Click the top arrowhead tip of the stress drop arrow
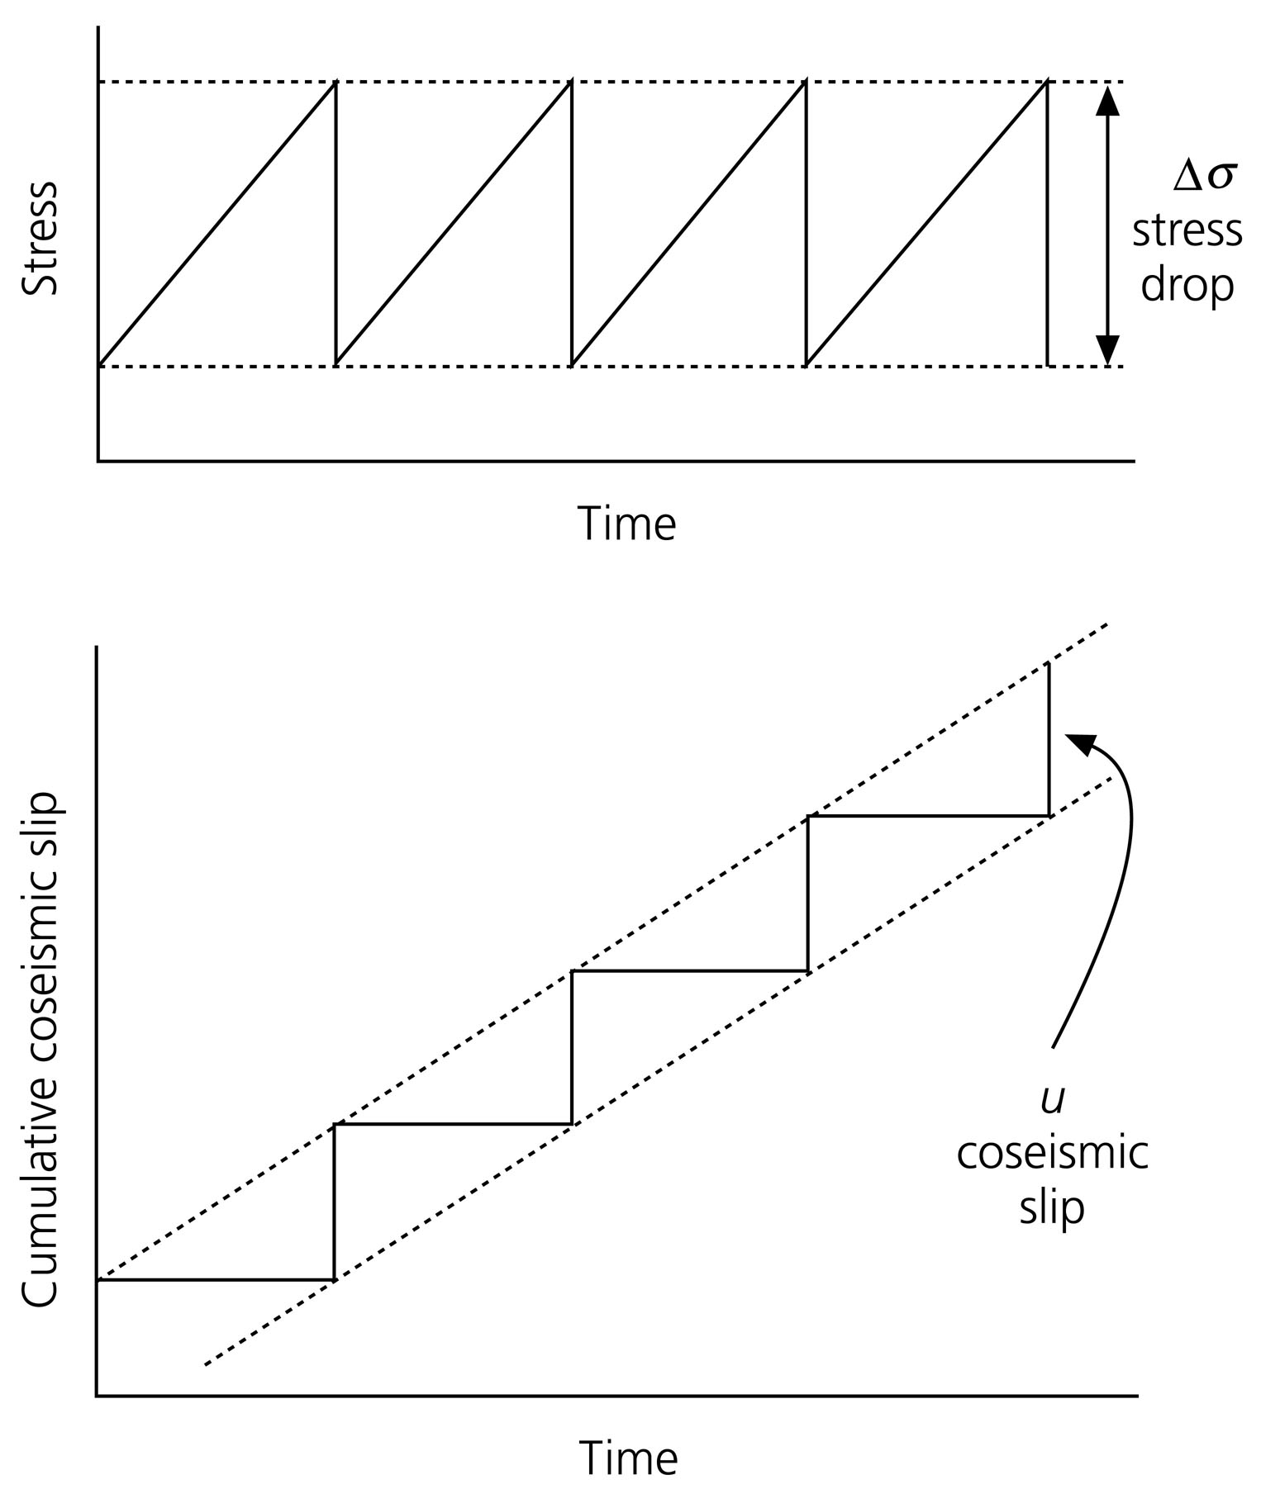pos(1107,84)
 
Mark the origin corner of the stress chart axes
pos(98,461)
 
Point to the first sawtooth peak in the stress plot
pos(335,82)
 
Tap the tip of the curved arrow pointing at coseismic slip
pos(1065,734)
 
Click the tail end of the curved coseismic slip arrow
pos(1054,1047)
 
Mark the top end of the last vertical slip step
pos(1049,663)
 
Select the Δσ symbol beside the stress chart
pos(1206,176)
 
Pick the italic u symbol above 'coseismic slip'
pos(1052,1099)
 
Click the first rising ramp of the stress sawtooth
pos(217,223)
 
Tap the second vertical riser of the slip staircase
pos(572,1047)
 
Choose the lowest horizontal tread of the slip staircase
pos(216,1280)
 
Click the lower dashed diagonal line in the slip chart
pos(659,1070)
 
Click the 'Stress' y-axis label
pos(40,238)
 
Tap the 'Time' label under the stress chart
pos(626,524)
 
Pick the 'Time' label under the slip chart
pos(628,1458)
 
